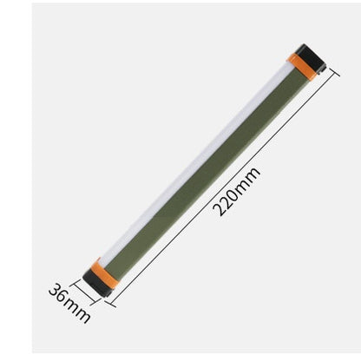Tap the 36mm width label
(70, 303)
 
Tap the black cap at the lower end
(94, 282)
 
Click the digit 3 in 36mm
(54, 290)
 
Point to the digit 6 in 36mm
(62, 297)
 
